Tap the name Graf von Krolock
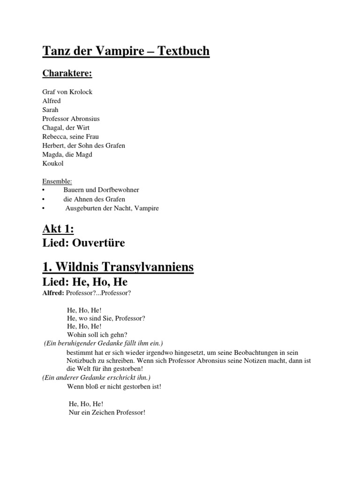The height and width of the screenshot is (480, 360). click(67, 92)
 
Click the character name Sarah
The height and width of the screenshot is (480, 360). click(50, 110)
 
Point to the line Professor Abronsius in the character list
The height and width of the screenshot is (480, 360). click(71, 119)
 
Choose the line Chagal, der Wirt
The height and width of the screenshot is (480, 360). click(66, 127)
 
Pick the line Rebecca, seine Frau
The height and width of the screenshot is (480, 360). click(70, 136)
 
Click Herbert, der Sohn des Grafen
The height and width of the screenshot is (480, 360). click(83, 145)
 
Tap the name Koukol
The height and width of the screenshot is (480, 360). click(52, 163)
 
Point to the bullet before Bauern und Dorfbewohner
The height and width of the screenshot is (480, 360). click(44, 190)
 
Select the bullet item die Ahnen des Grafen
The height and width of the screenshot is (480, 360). click(94, 199)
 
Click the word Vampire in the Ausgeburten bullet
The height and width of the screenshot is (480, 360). click(147, 208)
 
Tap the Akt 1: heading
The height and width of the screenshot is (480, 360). click(58, 230)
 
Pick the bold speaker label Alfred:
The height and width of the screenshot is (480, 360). click(54, 293)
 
